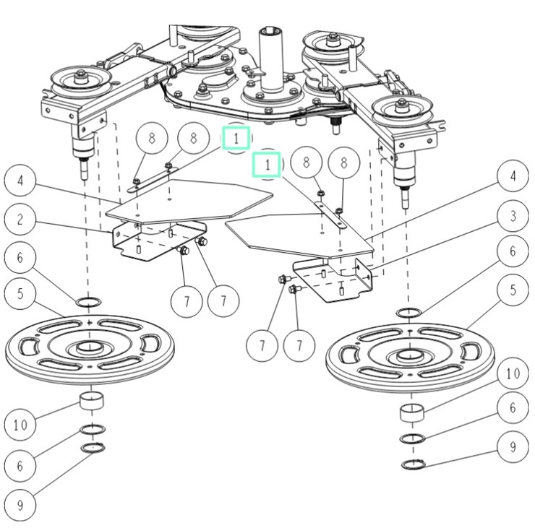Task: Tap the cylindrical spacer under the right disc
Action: tap(411, 415)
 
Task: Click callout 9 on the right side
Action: tap(513, 446)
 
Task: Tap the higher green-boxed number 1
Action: tap(236, 137)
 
